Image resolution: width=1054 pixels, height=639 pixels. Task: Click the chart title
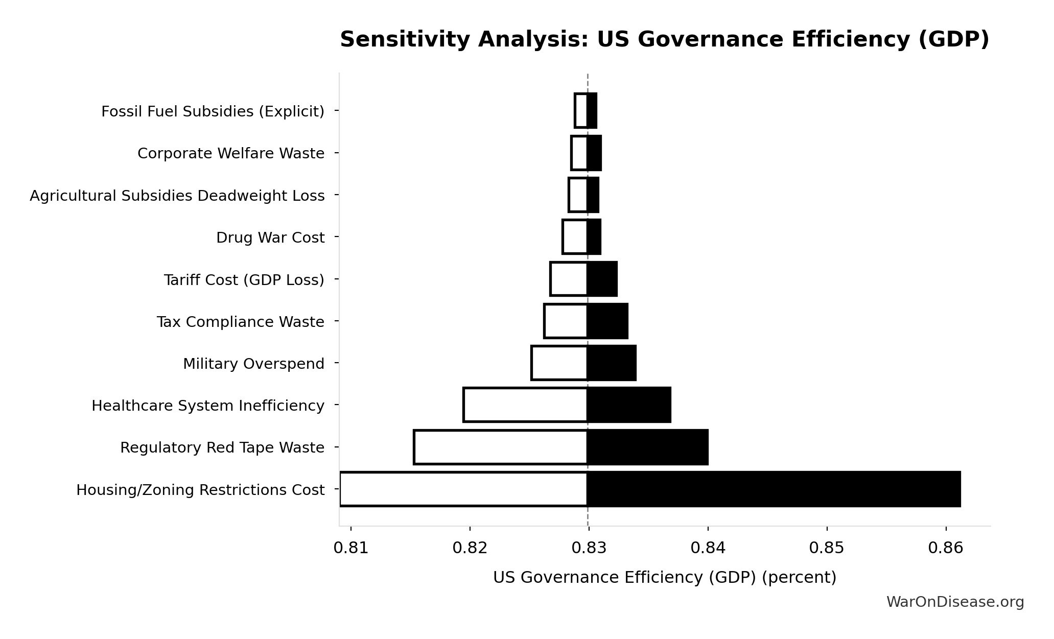[664, 40]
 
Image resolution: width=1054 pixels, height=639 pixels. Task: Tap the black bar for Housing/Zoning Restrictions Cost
[774, 489]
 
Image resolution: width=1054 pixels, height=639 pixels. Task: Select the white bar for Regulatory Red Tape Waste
[501, 447]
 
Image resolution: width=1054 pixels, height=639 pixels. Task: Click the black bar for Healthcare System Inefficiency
[629, 405]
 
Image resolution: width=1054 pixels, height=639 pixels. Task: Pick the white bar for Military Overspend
[559, 363]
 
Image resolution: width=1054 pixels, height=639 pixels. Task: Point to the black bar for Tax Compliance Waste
[607, 321]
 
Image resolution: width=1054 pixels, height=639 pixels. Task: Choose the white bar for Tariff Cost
[569, 279]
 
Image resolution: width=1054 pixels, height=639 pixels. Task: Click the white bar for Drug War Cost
[575, 237]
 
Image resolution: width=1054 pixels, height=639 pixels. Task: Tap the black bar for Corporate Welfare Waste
[594, 153]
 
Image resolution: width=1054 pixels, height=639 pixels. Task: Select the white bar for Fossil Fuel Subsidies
[581, 111]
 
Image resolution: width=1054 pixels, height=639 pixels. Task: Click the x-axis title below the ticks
[664, 578]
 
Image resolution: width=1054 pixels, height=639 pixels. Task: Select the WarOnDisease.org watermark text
[955, 602]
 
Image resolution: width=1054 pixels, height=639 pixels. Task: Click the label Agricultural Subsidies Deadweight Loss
[177, 196]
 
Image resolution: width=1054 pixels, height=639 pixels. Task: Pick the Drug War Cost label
[270, 238]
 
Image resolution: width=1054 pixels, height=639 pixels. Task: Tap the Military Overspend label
[253, 364]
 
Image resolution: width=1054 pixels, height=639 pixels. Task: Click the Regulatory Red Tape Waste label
[222, 447]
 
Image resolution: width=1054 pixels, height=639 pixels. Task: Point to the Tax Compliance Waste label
[240, 322]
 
